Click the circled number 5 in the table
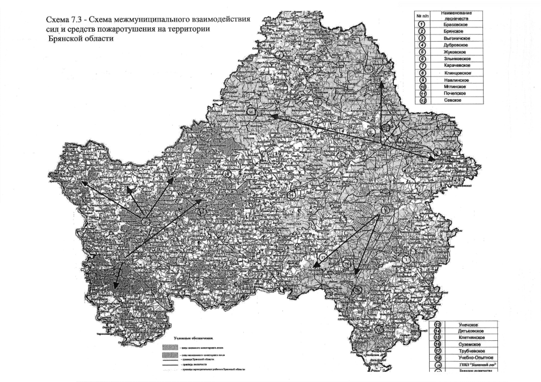(422, 52)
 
